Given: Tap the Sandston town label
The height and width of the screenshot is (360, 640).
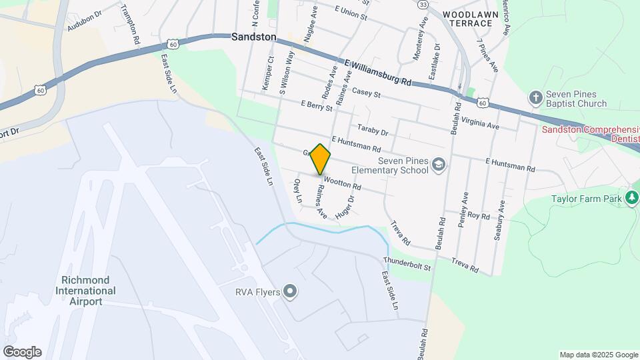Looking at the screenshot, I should pyautogui.click(x=253, y=37).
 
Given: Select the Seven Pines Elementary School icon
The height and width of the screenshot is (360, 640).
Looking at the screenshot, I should pyautogui.click(x=439, y=164).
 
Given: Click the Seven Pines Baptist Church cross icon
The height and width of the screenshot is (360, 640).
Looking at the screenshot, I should pyautogui.click(x=535, y=98).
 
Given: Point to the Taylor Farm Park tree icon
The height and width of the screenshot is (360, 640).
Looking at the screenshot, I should pyautogui.click(x=631, y=198).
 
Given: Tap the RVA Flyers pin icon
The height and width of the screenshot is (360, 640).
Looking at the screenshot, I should pyautogui.click(x=289, y=291).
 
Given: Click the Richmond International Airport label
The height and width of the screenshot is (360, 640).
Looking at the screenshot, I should pyautogui.click(x=88, y=291).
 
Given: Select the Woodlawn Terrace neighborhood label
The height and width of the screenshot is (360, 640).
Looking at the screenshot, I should pyautogui.click(x=467, y=18).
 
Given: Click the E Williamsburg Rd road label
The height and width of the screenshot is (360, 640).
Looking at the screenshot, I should pyautogui.click(x=377, y=72).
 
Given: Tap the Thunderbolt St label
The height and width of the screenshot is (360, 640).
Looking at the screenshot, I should pyautogui.click(x=407, y=263).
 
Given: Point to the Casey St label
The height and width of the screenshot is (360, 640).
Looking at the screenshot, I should pyautogui.click(x=366, y=93).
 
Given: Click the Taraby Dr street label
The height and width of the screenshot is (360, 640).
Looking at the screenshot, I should pyautogui.click(x=372, y=129).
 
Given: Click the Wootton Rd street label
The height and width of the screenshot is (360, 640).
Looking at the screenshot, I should pyautogui.click(x=342, y=181).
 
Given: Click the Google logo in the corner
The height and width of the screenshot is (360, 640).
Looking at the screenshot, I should pyautogui.click(x=22, y=352).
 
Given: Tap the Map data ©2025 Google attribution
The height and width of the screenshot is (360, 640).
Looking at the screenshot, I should pyautogui.click(x=599, y=355).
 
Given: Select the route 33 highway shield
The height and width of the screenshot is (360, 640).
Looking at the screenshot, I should pyautogui.click(x=423, y=5).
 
